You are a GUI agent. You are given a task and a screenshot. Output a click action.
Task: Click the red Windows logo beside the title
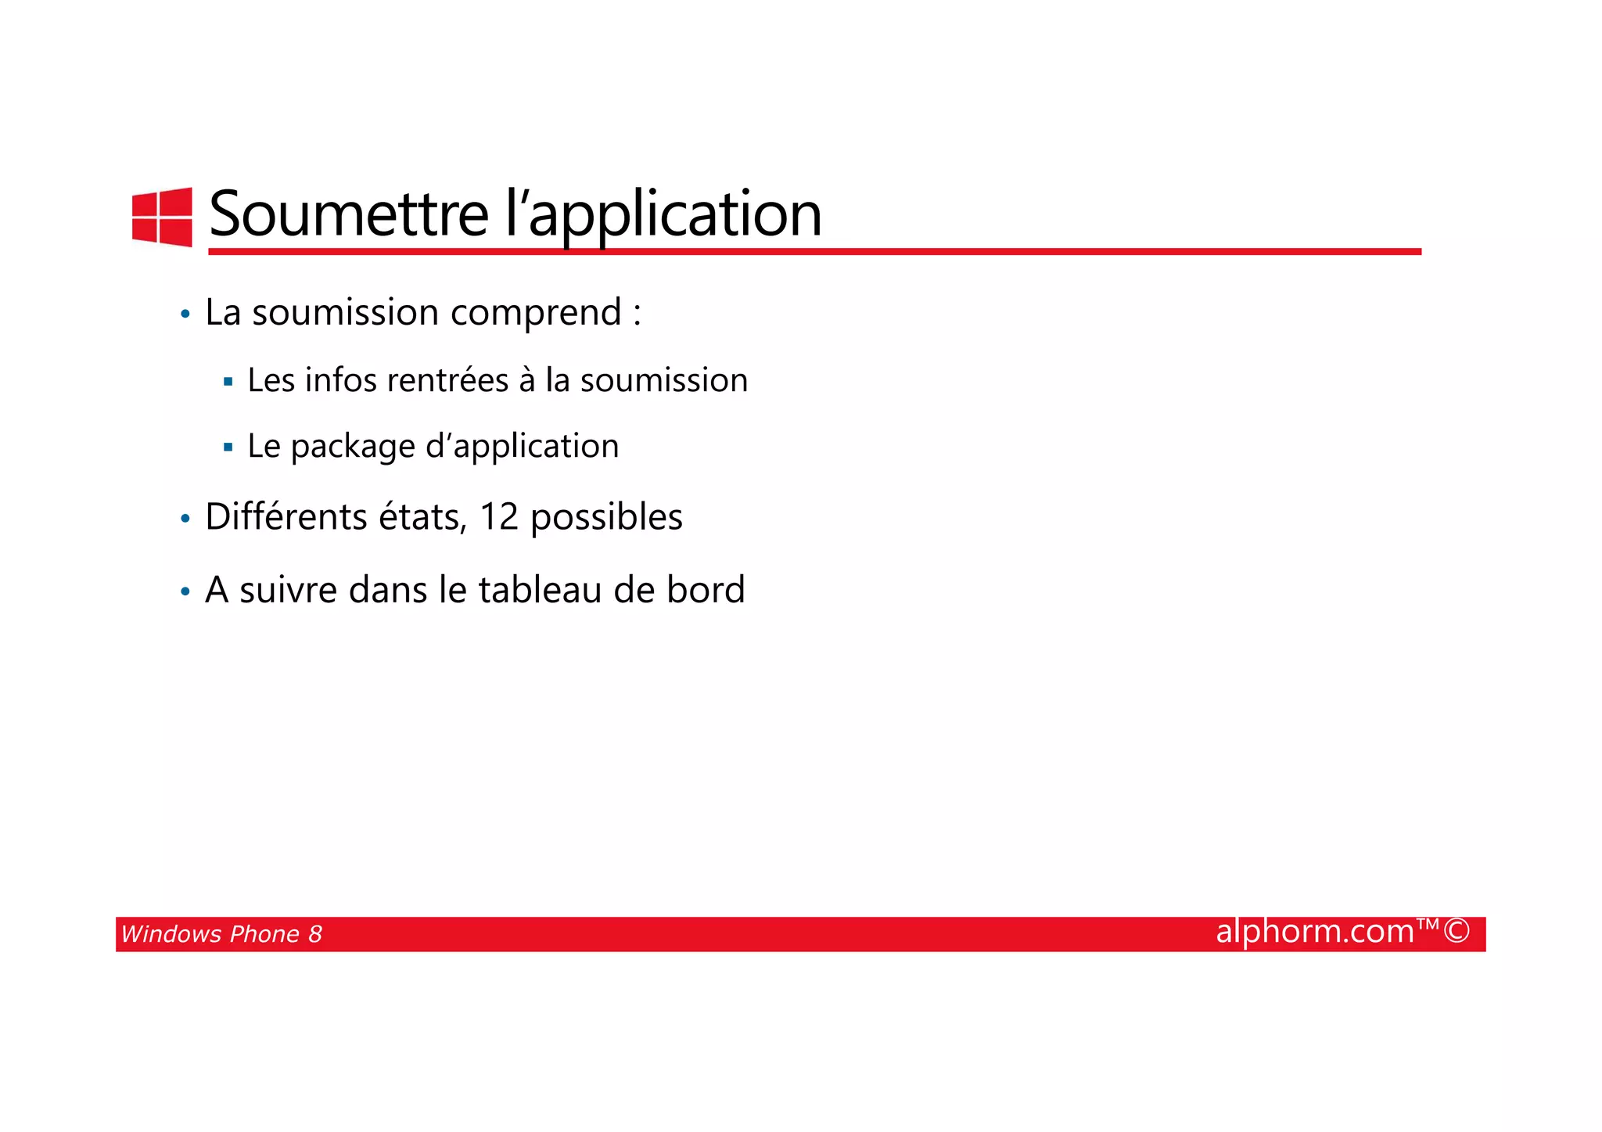(x=162, y=217)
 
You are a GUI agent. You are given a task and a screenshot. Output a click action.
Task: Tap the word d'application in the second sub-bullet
(x=522, y=447)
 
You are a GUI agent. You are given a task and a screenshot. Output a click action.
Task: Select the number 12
(x=499, y=517)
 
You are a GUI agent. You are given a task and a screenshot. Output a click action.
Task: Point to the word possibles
(x=606, y=518)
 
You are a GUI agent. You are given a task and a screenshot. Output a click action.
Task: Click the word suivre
(x=289, y=590)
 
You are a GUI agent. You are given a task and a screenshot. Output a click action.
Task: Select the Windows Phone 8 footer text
(x=221, y=934)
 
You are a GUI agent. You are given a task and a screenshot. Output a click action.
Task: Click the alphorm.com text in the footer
(x=1315, y=932)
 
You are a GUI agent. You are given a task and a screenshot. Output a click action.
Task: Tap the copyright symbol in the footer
(x=1457, y=931)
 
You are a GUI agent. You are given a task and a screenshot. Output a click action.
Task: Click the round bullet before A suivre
(x=185, y=592)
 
